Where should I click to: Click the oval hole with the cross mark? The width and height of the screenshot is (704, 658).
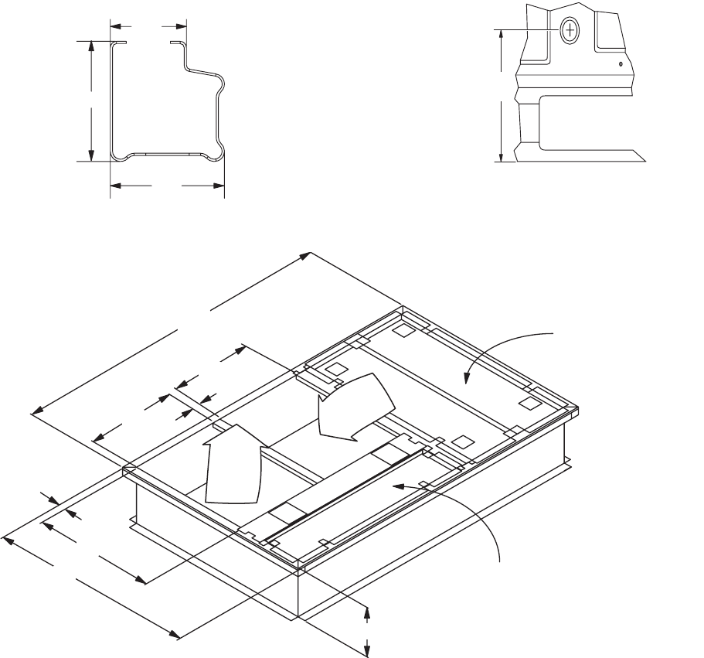pos(570,31)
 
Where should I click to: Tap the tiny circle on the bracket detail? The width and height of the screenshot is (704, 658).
pos(621,65)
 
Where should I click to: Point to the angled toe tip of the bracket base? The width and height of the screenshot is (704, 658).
pos(644,162)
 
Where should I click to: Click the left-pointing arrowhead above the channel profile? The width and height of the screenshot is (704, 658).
pos(114,26)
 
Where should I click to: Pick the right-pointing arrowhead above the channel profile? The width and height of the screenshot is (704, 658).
pos(182,26)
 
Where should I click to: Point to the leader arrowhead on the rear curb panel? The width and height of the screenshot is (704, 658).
pos(466,380)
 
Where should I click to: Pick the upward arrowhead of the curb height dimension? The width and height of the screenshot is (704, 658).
pos(367,611)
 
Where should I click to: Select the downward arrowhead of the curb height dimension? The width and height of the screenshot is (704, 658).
pos(367,645)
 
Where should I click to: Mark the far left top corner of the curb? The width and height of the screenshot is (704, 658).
pos(126,468)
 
